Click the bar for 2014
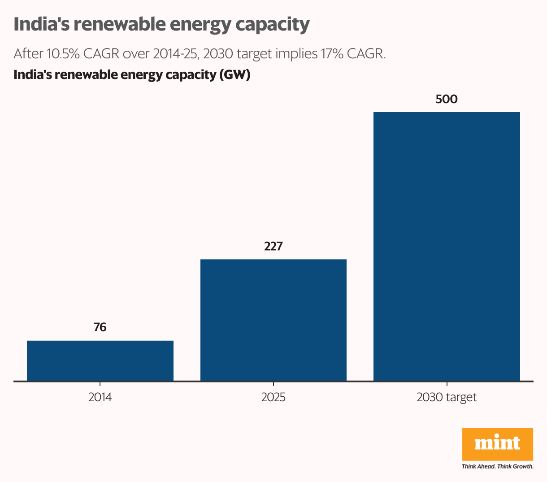click(100, 361)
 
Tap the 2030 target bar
click(447, 246)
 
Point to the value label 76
click(100, 328)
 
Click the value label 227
click(273, 246)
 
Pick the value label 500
click(447, 99)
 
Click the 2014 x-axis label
click(100, 397)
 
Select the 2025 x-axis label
click(273, 397)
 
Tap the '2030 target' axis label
click(447, 397)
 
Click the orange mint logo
click(497, 444)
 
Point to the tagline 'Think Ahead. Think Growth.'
click(497, 467)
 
